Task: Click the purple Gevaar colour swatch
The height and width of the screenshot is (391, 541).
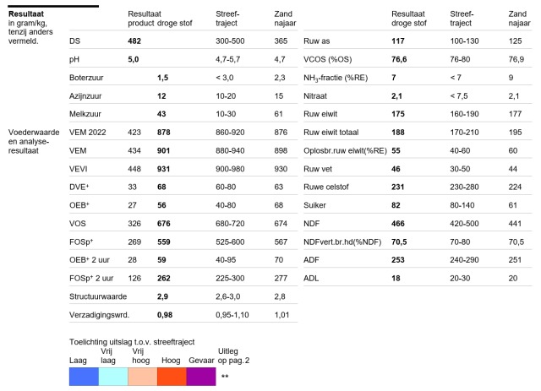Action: pyautogui.click(x=201, y=377)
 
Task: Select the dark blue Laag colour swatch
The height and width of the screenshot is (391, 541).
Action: pyautogui.click(x=84, y=377)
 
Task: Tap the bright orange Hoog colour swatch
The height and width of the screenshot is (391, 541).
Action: pyautogui.click(x=172, y=377)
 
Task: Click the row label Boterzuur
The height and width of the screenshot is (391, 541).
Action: pyautogui.click(x=86, y=78)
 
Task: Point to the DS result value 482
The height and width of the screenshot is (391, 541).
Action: pyautogui.click(x=134, y=41)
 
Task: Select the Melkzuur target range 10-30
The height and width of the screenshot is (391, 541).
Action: pyautogui.click(x=226, y=114)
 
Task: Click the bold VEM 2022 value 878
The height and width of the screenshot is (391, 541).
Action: pyautogui.click(x=163, y=133)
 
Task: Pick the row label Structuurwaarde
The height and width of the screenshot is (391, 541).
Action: pyautogui.click(x=98, y=296)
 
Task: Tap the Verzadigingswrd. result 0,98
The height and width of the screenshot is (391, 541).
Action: pyautogui.click(x=165, y=315)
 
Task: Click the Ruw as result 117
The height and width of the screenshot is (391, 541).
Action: pyautogui.click(x=398, y=41)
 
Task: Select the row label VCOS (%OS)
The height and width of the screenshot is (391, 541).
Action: pyautogui.click(x=327, y=59)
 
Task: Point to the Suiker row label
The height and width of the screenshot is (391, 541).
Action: pyautogui.click(x=314, y=205)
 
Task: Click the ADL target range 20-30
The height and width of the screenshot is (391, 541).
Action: pyautogui.click(x=460, y=278)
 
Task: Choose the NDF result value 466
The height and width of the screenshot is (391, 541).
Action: pyautogui.click(x=398, y=224)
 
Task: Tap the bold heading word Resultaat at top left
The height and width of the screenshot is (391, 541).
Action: pyautogui.click(x=26, y=14)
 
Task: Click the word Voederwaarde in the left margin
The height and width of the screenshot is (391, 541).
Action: pyautogui.click(x=34, y=133)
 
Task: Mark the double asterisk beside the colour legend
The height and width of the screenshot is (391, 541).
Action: pyautogui.click(x=225, y=376)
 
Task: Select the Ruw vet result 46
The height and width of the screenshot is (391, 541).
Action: pyautogui.click(x=396, y=169)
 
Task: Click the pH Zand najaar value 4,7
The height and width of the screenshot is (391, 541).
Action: pyautogui.click(x=280, y=59)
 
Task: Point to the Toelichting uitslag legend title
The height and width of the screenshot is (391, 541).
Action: pyautogui.click(x=132, y=342)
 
